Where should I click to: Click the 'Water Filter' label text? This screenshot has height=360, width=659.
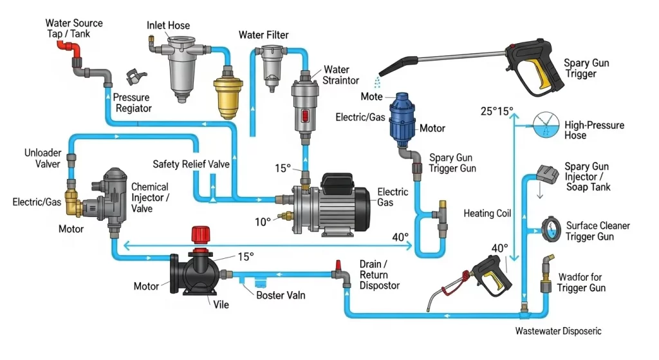pos(264,34)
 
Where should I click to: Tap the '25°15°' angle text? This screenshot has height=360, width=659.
pos(497,111)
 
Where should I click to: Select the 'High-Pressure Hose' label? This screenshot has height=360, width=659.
pos(593,130)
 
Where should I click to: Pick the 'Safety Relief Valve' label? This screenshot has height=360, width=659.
pos(191,164)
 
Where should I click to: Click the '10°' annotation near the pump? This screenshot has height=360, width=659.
pos(263,222)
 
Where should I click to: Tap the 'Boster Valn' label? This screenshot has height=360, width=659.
pos(281,296)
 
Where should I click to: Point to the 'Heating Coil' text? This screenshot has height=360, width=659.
pos(487,213)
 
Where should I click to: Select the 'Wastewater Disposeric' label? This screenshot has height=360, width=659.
pos(559,331)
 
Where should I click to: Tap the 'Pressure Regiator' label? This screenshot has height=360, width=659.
pos(133,103)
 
